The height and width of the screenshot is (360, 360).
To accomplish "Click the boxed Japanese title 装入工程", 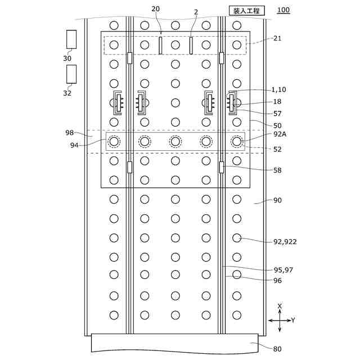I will (x=246, y=10).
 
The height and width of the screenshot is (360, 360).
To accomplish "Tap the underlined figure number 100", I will (x=284, y=10).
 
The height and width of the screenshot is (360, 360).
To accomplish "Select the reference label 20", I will (x=156, y=9).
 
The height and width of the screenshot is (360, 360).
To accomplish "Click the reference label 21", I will (x=277, y=38).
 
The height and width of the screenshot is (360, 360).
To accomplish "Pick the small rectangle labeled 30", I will (x=71, y=39).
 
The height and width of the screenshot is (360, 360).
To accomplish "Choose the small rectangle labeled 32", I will (x=71, y=74).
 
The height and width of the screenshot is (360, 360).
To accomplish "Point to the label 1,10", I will (x=280, y=90).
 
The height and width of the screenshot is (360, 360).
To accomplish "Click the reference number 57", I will (x=277, y=114).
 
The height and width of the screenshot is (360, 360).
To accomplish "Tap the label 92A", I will (x=280, y=134).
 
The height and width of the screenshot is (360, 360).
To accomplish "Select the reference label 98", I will (x=70, y=133).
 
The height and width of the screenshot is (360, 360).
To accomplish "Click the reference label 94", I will (x=74, y=145).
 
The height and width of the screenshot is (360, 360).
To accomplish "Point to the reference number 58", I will (x=277, y=170).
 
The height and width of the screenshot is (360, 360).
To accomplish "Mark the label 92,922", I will (x=285, y=242).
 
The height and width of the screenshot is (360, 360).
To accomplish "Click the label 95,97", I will (x=283, y=270).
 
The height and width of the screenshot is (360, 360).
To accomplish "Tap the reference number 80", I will (x=277, y=349).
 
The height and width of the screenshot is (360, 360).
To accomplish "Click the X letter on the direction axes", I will (x=280, y=306).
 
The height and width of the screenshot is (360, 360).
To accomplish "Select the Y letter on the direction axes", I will (x=293, y=320).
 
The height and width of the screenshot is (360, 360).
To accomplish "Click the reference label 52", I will (x=277, y=149).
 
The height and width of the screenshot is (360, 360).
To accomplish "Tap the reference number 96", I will (x=277, y=280).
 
